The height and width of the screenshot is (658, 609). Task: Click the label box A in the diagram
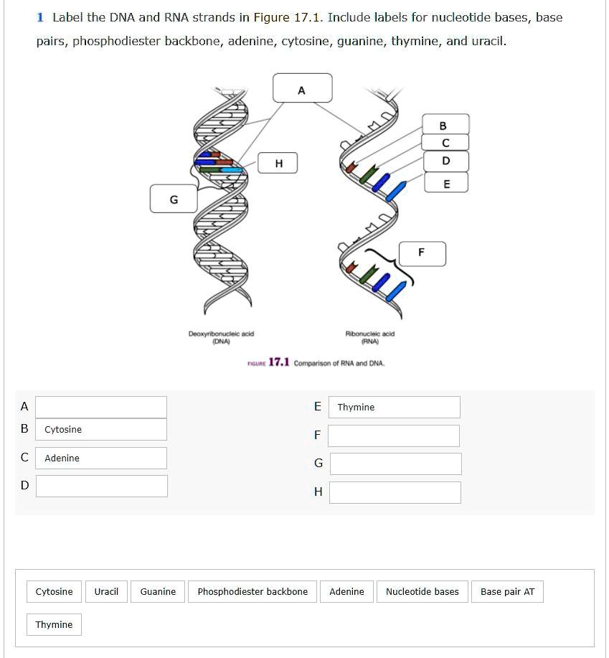click(302, 88)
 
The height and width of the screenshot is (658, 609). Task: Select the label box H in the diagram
click(279, 164)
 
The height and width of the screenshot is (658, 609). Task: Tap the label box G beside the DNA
click(173, 199)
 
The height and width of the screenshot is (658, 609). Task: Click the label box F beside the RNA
click(422, 253)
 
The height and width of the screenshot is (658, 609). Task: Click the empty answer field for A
click(101, 407)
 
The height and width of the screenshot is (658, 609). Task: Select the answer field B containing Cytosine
click(101, 429)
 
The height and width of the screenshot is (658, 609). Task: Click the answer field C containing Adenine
click(101, 458)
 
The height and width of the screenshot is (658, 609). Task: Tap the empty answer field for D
click(101, 486)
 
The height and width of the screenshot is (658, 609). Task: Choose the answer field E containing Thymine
click(394, 407)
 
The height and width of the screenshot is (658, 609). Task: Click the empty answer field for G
click(395, 464)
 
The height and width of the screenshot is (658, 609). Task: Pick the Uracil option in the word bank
click(106, 592)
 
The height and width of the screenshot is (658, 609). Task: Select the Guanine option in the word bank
click(158, 592)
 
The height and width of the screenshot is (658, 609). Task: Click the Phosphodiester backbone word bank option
click(252, 592)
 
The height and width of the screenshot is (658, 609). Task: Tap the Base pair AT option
click(507, 592)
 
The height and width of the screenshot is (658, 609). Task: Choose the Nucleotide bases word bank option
click(422, 592)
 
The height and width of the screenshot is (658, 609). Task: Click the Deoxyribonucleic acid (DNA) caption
click(221, 337)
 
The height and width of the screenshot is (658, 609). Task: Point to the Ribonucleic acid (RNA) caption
click(370, 337)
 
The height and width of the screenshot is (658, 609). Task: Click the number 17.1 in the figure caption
click(279, 362)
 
